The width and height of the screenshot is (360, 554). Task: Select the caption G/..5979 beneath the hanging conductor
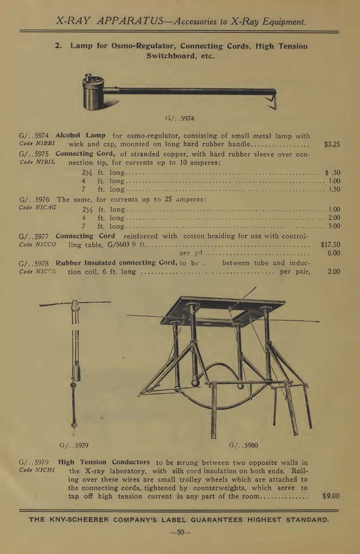(74, 445)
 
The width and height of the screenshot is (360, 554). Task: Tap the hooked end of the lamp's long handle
(272, 101)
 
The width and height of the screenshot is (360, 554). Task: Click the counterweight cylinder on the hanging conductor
(76, 373)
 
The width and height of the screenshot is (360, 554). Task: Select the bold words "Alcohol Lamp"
(81, 136)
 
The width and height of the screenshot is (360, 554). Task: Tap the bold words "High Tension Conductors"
(104, 462)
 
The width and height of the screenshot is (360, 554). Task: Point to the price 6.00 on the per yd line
(333, 253)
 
